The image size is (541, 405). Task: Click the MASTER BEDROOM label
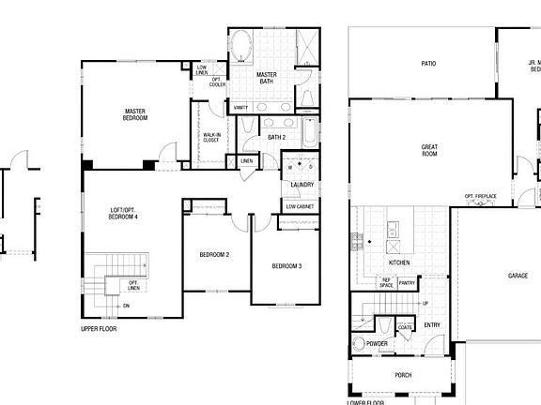pos(135,114)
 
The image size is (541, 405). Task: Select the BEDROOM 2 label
pos(214,254)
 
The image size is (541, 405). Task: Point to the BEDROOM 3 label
pos(286,266)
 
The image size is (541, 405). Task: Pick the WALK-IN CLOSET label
pos(212,138)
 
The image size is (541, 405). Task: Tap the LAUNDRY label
pos(301,185)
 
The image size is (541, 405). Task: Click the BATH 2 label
pos(276,138)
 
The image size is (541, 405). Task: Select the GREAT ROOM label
pos(429,150)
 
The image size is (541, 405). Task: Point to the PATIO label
pos(428,64)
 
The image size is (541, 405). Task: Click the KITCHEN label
pos(399,263)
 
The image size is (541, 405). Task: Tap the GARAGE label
pos(518,276)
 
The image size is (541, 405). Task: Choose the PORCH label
pos(403,375)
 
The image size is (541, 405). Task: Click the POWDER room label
pos(378,344)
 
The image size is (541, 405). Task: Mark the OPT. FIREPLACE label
pos(480,196)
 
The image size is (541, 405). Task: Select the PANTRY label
pos(407,282)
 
